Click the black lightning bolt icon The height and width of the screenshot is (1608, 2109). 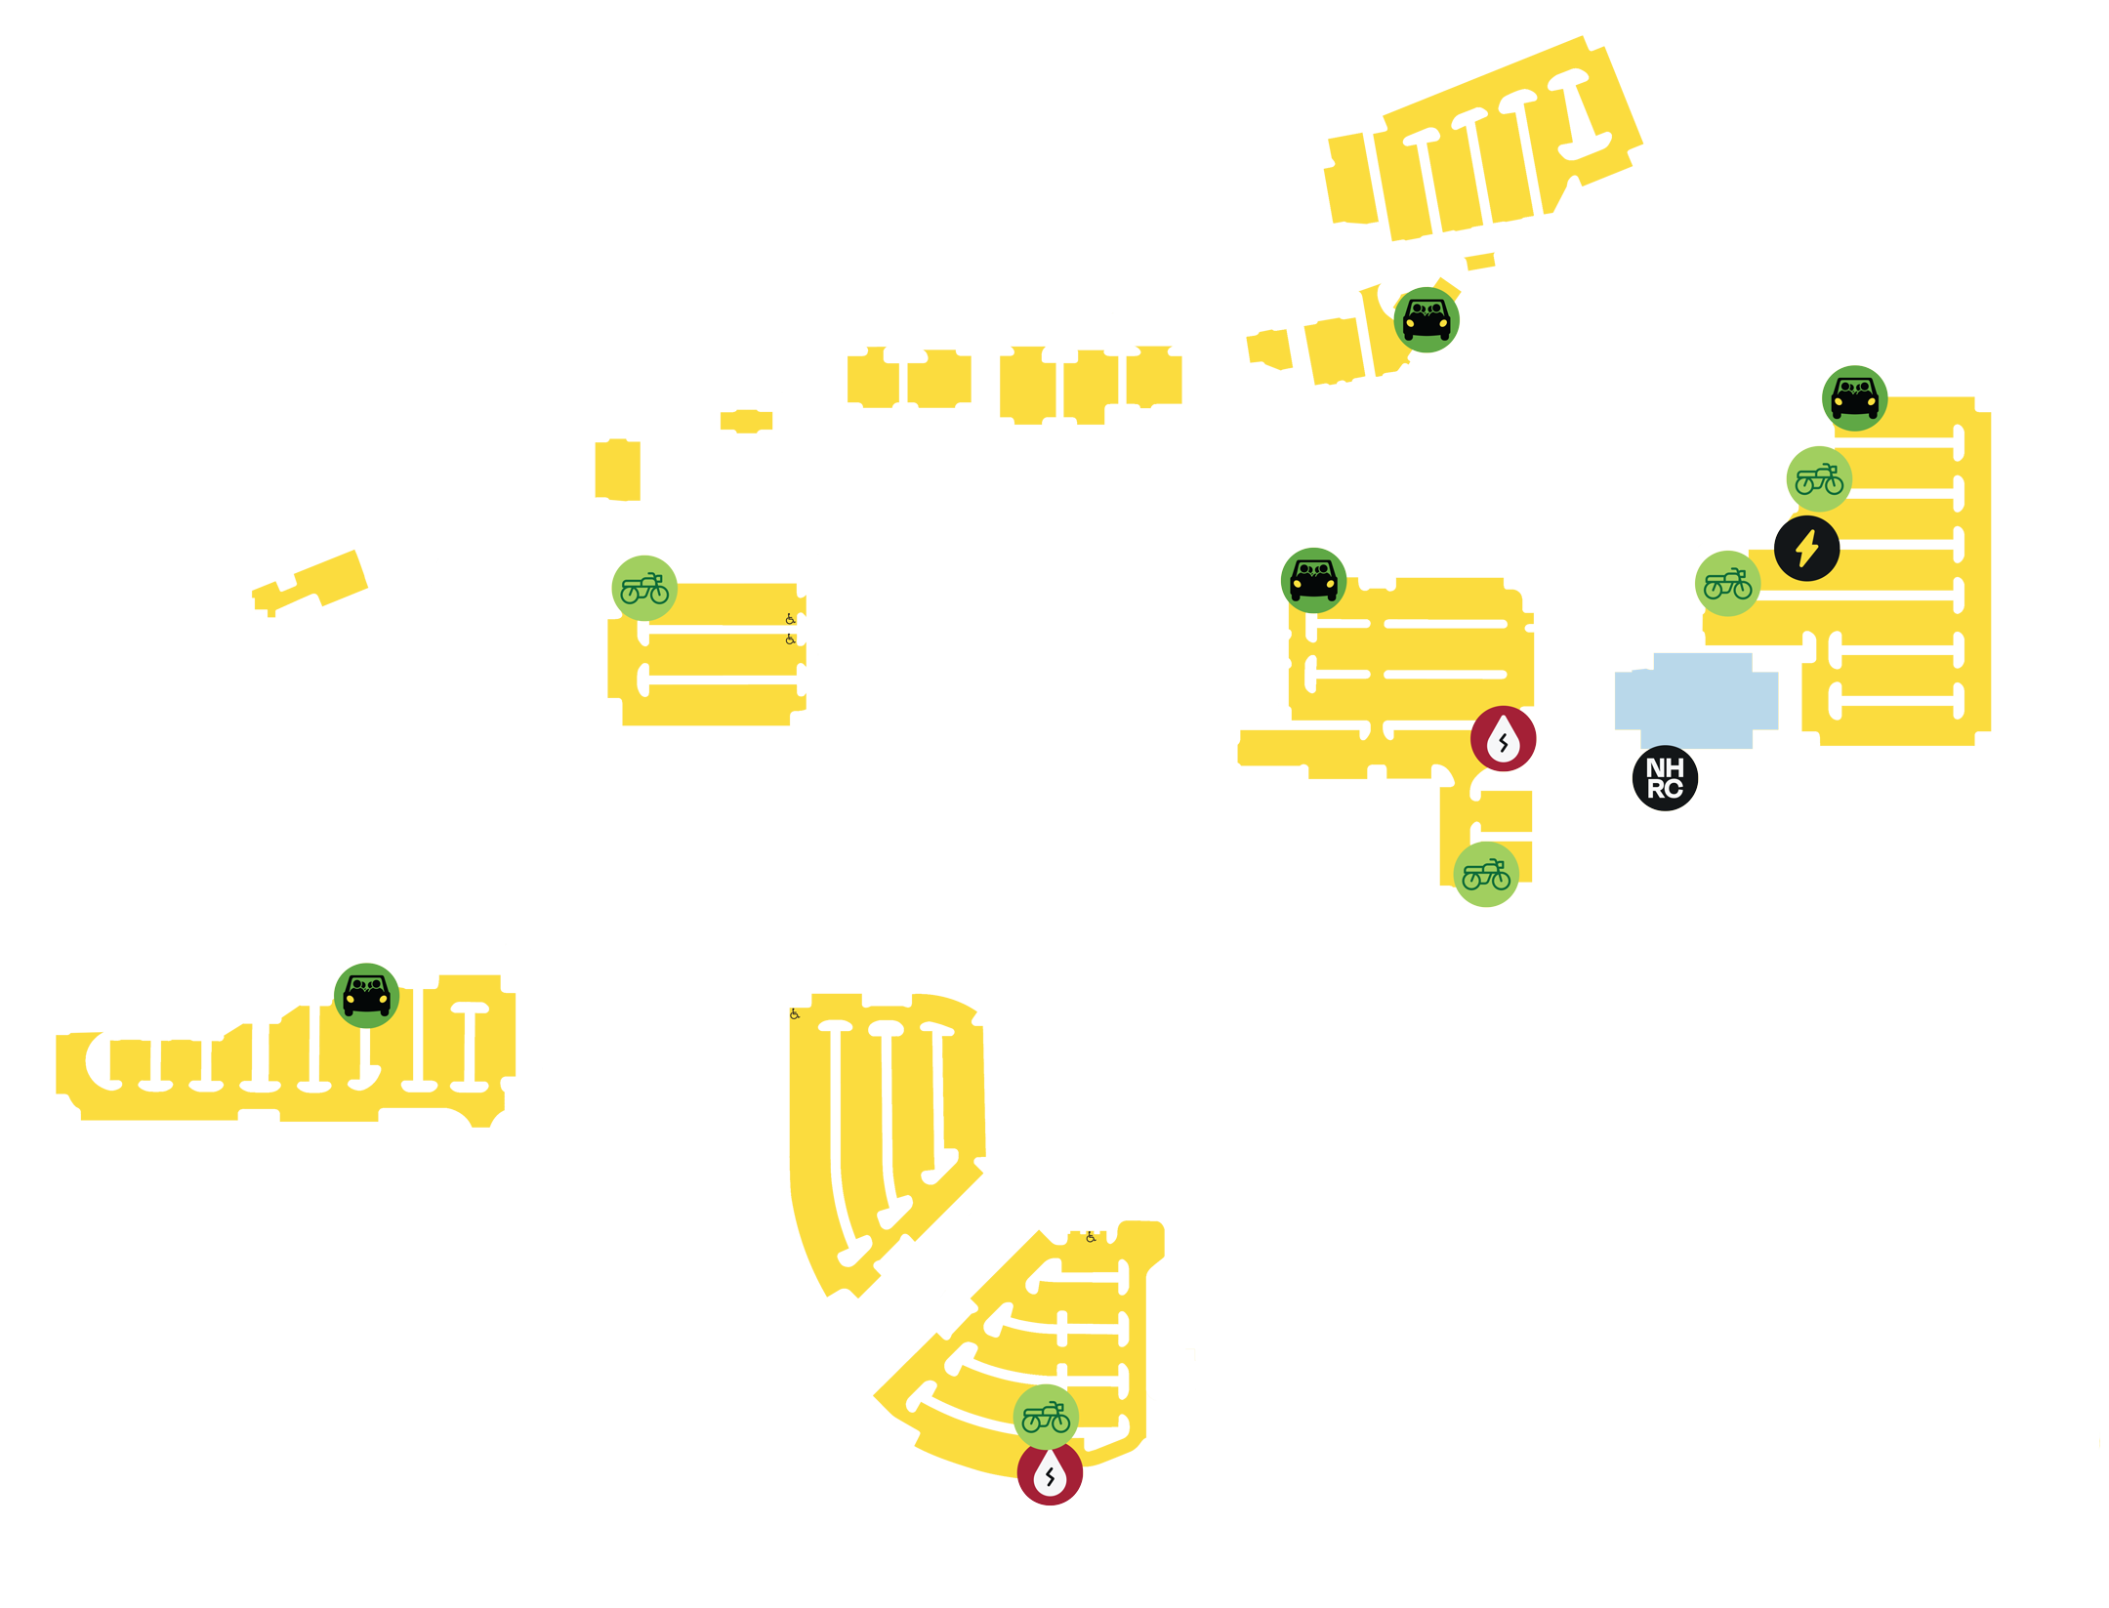(x=1806, y=549)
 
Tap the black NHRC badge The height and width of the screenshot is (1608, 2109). (x=1665, y=778)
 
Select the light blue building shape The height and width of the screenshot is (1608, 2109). (x=1696, y=701)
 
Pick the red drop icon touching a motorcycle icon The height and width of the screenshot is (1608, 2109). (x=1050, y=1473)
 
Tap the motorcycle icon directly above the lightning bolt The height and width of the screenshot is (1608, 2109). (x=1819, y=479)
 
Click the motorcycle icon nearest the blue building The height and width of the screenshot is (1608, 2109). (x=1727, y=584)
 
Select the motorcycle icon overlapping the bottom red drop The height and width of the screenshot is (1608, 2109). (x=1046, y=1417)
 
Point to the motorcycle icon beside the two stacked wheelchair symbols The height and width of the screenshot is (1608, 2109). (x=644, y=589)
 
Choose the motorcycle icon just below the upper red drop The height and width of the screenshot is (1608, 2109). (x=1486, y=875)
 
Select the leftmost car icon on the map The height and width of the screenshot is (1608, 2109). (x=366, y=996)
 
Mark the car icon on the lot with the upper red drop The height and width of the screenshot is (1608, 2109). (x=1313, y=581)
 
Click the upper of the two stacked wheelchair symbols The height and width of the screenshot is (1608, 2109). (x=790, y=619)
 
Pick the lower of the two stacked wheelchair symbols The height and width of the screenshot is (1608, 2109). (x=790, y=639)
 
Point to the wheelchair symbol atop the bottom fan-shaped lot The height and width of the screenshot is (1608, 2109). (x=1091, y=1237)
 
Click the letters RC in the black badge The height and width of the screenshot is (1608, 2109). (x=1665, y=789)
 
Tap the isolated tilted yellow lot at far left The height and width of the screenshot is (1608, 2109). (x=310, y=583)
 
